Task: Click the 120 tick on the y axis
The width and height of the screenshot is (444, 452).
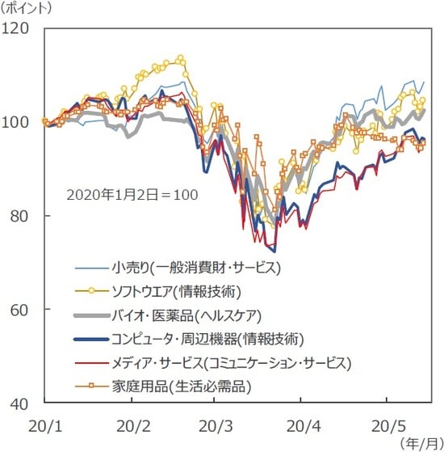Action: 17,28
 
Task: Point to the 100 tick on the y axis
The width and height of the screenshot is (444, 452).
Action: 17,122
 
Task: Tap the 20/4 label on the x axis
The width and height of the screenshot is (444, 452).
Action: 300,423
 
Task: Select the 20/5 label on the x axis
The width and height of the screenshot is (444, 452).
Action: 386,423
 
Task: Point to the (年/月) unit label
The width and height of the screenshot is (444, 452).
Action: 420,442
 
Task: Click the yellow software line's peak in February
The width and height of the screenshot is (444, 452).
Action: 180,58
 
